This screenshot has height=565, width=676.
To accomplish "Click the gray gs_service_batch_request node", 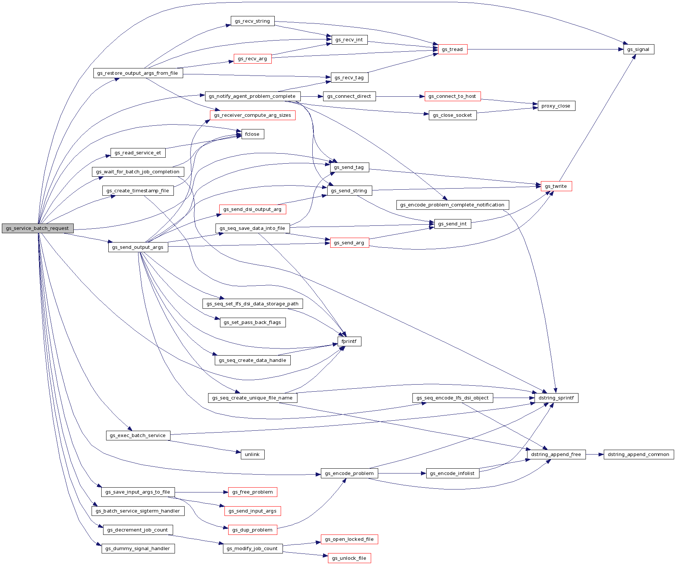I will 37,228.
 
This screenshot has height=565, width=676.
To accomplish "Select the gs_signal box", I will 638,49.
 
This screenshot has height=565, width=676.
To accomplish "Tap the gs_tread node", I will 452,49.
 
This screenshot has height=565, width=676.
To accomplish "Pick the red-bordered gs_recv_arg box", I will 252,59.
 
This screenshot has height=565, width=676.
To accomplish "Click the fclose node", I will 252,134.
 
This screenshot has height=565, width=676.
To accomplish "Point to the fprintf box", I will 349,341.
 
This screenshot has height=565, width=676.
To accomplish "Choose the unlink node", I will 252,455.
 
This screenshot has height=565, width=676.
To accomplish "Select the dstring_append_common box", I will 638,455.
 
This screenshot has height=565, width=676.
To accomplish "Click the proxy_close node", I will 556,106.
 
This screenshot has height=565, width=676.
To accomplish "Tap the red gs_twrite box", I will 556,186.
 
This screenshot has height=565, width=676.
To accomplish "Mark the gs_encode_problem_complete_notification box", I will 452,205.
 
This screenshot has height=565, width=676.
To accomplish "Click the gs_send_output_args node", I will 138,247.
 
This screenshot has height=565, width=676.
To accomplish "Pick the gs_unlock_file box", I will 349,558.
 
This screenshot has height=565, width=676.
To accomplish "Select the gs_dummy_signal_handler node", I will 138,549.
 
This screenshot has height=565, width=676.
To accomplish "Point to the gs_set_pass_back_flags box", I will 252,322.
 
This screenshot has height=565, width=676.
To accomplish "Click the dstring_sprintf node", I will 556,398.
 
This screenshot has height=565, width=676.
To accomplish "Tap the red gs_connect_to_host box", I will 452,96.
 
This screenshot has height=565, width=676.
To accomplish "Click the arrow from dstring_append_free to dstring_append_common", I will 594,455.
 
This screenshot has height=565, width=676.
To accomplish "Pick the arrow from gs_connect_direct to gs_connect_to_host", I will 400,96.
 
